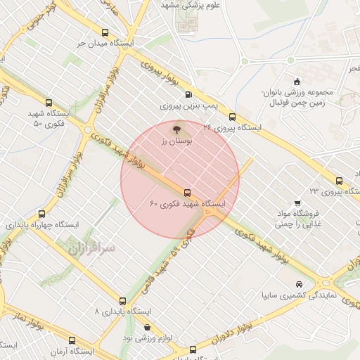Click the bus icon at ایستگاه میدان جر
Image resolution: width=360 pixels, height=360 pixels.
[x=105, y=33]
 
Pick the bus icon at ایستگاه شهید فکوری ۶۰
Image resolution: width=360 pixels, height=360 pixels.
[x=187, y=192]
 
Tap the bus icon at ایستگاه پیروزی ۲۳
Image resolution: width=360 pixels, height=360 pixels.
[x=340, y=180]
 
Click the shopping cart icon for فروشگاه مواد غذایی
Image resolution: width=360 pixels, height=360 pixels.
[x=316, y=192]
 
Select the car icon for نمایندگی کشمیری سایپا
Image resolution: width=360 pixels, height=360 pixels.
[x=300, y=284]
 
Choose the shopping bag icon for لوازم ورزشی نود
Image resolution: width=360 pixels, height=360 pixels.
[x=146, y=327]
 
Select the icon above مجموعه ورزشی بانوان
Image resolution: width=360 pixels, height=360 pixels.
[x=297, y=80]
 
